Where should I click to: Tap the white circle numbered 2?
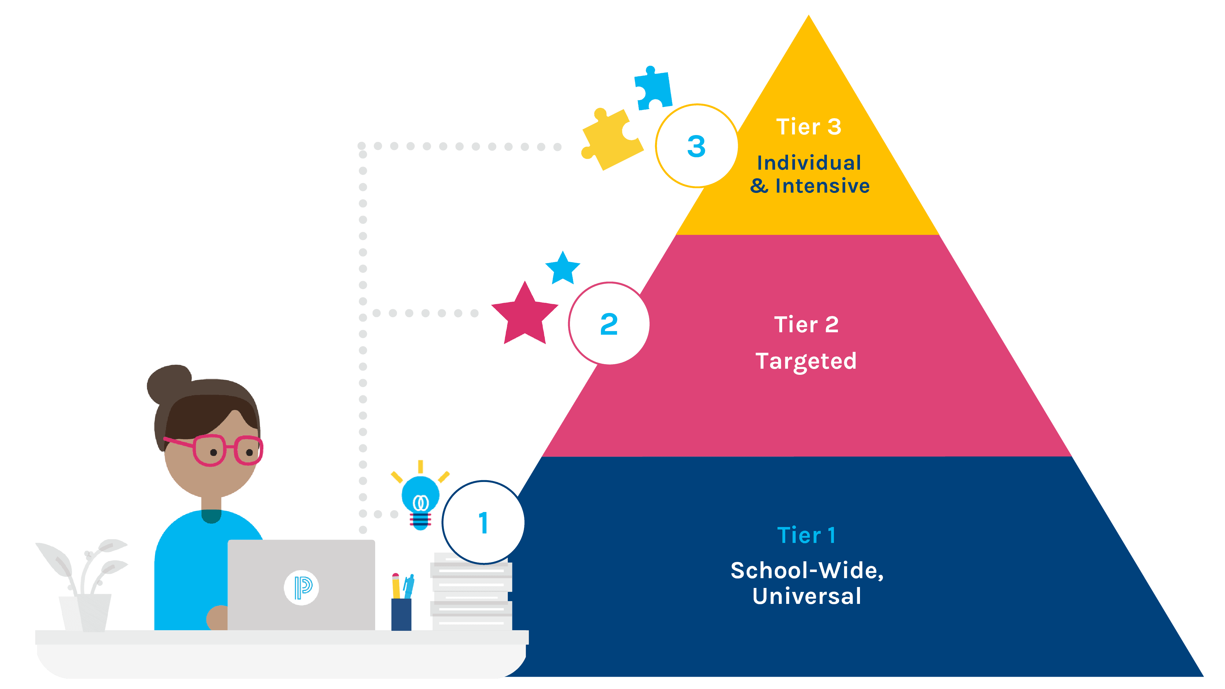609,324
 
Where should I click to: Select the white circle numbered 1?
483,522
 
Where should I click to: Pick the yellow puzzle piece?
610,139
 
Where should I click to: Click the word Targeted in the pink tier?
806,361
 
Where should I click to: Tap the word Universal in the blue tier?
807,596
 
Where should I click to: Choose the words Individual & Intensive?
809,174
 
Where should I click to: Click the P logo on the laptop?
301,588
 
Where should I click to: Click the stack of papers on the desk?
471,594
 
